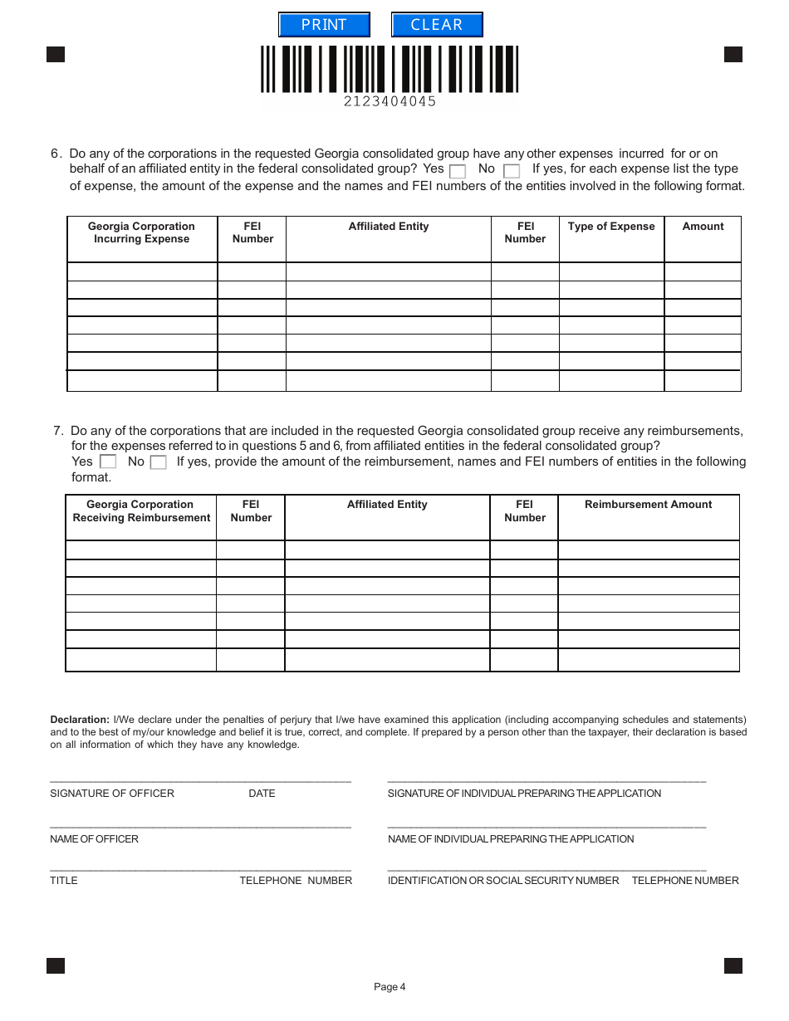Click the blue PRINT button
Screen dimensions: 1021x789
point(324,25)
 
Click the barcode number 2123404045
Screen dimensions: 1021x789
point(390,101)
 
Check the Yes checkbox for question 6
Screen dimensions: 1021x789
point(457,171)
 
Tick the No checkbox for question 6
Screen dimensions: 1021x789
point(512,171)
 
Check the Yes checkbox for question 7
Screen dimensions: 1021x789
point(107,462)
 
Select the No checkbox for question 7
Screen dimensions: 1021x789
point(158,462)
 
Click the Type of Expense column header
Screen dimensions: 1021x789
point(611,227)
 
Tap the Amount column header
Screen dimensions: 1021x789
point(703,227)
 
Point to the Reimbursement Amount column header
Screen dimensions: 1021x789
point(648,505)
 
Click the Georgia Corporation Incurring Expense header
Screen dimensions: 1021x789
point(141,232)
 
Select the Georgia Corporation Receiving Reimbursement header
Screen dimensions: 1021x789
point(141,511)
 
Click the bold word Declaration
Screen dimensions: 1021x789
point(80,720)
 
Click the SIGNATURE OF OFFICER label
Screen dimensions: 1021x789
point(112,794)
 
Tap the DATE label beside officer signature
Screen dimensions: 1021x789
point(262,794)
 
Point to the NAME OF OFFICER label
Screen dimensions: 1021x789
point(94,839)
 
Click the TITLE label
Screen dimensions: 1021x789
point(63,881)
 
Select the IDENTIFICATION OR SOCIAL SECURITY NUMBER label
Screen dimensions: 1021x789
point(503,881)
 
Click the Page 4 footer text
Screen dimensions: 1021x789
point(390,987)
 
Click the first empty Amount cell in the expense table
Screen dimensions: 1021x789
point(703,271)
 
